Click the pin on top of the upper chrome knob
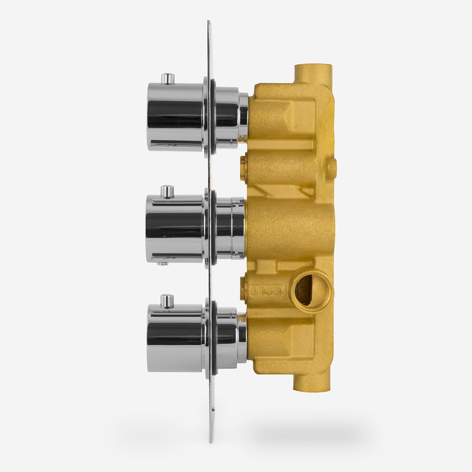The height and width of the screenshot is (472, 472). [168, 78]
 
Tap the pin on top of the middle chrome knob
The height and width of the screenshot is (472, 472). [168, 191]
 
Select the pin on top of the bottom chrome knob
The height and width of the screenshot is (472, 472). [167, 300]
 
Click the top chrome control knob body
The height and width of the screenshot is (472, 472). [175, 117]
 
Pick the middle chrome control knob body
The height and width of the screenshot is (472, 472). [174, 228]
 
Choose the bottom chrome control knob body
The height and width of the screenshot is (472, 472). [175, 338]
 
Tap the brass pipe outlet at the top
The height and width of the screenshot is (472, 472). [313, 74]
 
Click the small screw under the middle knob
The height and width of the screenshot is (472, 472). [161, 264]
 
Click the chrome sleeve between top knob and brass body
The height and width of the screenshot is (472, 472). [231, 117]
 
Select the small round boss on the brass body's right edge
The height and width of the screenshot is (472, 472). [332, 168]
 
